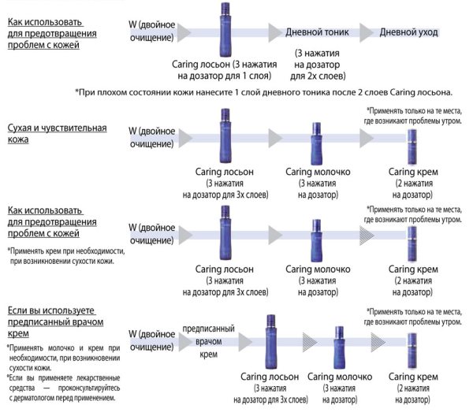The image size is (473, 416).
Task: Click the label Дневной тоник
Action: coord(317,32)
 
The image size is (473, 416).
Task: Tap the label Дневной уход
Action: coord(408,32)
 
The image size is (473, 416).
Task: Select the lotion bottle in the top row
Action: coord(225,29)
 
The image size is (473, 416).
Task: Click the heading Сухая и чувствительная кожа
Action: coord(57,133)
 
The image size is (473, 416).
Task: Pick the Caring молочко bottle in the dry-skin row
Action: coord(316,144)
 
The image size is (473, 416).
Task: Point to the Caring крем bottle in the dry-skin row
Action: coord(412,147)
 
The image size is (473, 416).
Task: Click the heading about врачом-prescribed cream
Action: coord(55,322)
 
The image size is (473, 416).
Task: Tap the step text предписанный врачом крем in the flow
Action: coord(208,341)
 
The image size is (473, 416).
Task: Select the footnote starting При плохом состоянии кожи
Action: coord(263,92)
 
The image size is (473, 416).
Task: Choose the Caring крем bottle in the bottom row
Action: coord(412,351)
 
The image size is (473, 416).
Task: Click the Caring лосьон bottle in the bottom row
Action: coord(270,342)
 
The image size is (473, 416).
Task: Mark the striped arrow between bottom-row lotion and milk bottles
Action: coord(310,342)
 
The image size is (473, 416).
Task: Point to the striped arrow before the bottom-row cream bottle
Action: coord(378,342)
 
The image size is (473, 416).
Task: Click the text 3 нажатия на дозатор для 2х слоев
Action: coord(318,65)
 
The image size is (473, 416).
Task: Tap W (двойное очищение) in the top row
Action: coord(151,31)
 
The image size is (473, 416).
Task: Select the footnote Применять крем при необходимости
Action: coord(66,256)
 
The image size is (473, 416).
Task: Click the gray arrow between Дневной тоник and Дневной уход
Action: coord(367,32)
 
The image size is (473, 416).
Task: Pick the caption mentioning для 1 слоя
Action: coord(225,70)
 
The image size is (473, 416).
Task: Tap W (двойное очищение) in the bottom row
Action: coord(151,340)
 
